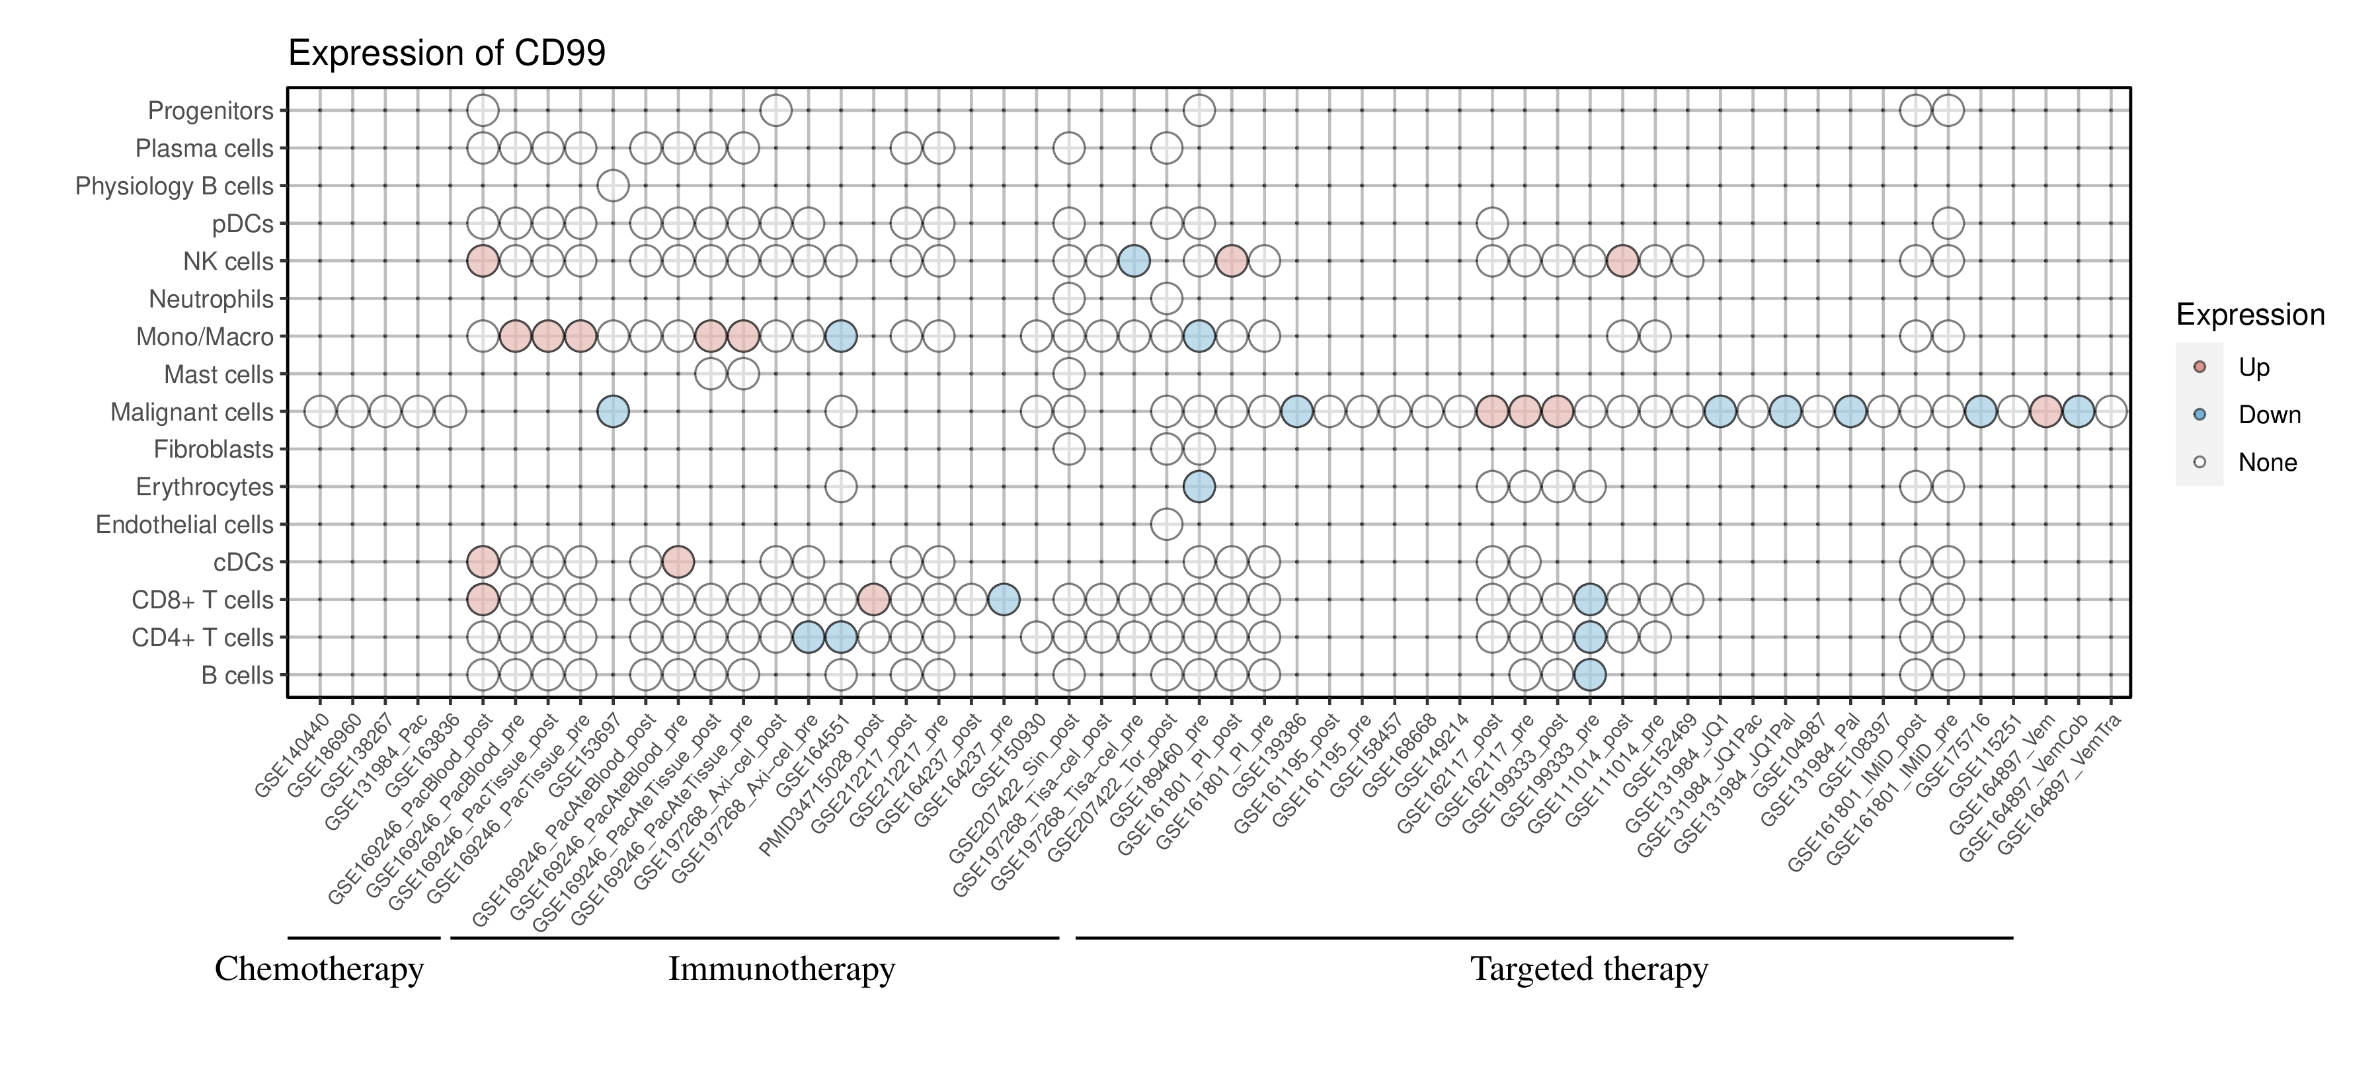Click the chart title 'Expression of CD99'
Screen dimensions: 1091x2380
click(446, 53)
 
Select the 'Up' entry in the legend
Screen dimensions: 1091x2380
click(2254, 368)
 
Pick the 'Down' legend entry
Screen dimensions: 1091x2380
click(2268, 415)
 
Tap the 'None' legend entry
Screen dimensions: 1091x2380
click(2266, 463)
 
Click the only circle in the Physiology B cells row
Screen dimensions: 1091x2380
click(613, 186)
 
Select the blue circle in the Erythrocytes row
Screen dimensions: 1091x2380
click(1199, 487)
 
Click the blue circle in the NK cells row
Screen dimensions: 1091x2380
click(1134, 261)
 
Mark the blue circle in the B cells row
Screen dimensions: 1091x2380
click(1589, 675)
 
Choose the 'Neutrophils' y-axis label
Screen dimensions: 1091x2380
click(211, 300)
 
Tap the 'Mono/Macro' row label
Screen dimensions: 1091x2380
click(204, 337)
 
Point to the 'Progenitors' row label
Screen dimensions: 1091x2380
click(211, 111)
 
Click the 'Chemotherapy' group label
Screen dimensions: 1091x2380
click(319, 969)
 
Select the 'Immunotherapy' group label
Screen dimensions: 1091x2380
click(781, 969)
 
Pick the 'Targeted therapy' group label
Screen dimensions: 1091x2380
click(1589, 969)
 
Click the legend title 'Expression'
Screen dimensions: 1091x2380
click(2250, 315)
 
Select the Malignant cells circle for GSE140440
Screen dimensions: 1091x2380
click(320, 411)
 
